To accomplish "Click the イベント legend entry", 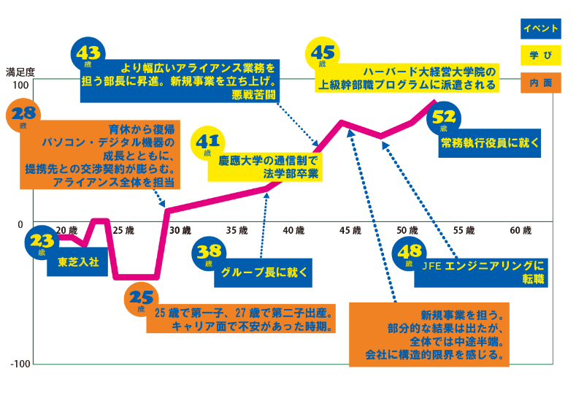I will [541, 28].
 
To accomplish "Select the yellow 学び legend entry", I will [541, 56].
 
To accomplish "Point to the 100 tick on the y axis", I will [21, 85].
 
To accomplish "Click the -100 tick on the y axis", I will [20, 364].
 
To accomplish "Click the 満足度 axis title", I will [20, 72].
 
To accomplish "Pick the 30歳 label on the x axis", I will [180, 231].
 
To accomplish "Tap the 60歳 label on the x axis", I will [520, 231].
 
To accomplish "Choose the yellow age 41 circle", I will [207, 144].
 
